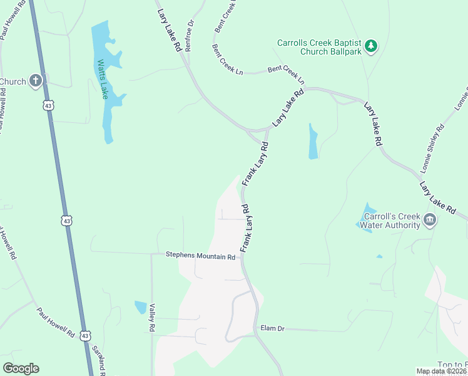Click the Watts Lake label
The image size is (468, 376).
(102, 80)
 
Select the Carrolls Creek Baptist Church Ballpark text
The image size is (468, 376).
(320, 48)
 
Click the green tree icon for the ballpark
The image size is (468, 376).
(371, 45)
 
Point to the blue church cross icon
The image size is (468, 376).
(36, 80)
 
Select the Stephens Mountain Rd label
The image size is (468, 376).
(200, 256)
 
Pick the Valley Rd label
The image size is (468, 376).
(152, 317)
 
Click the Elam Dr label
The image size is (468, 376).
(272, 328)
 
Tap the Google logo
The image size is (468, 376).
(21, 368)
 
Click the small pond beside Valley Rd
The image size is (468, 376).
(141, 307)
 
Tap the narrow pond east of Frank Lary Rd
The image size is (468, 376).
(313, 142)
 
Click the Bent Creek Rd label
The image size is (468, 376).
(226, 16)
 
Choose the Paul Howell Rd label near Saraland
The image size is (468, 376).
(55, 322)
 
